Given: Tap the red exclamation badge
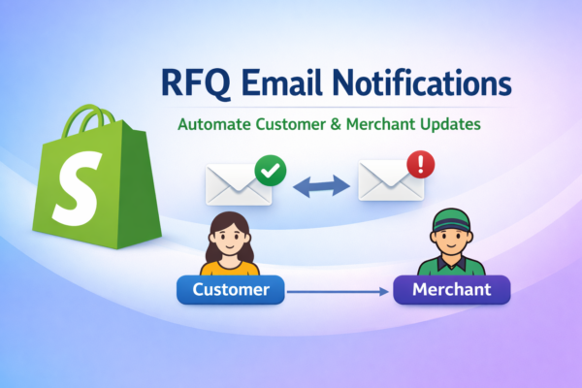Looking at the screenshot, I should click(x=419, y=163).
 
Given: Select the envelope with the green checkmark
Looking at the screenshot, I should click(x=236, y=184).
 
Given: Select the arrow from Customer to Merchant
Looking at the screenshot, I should click(x=339, y=290).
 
